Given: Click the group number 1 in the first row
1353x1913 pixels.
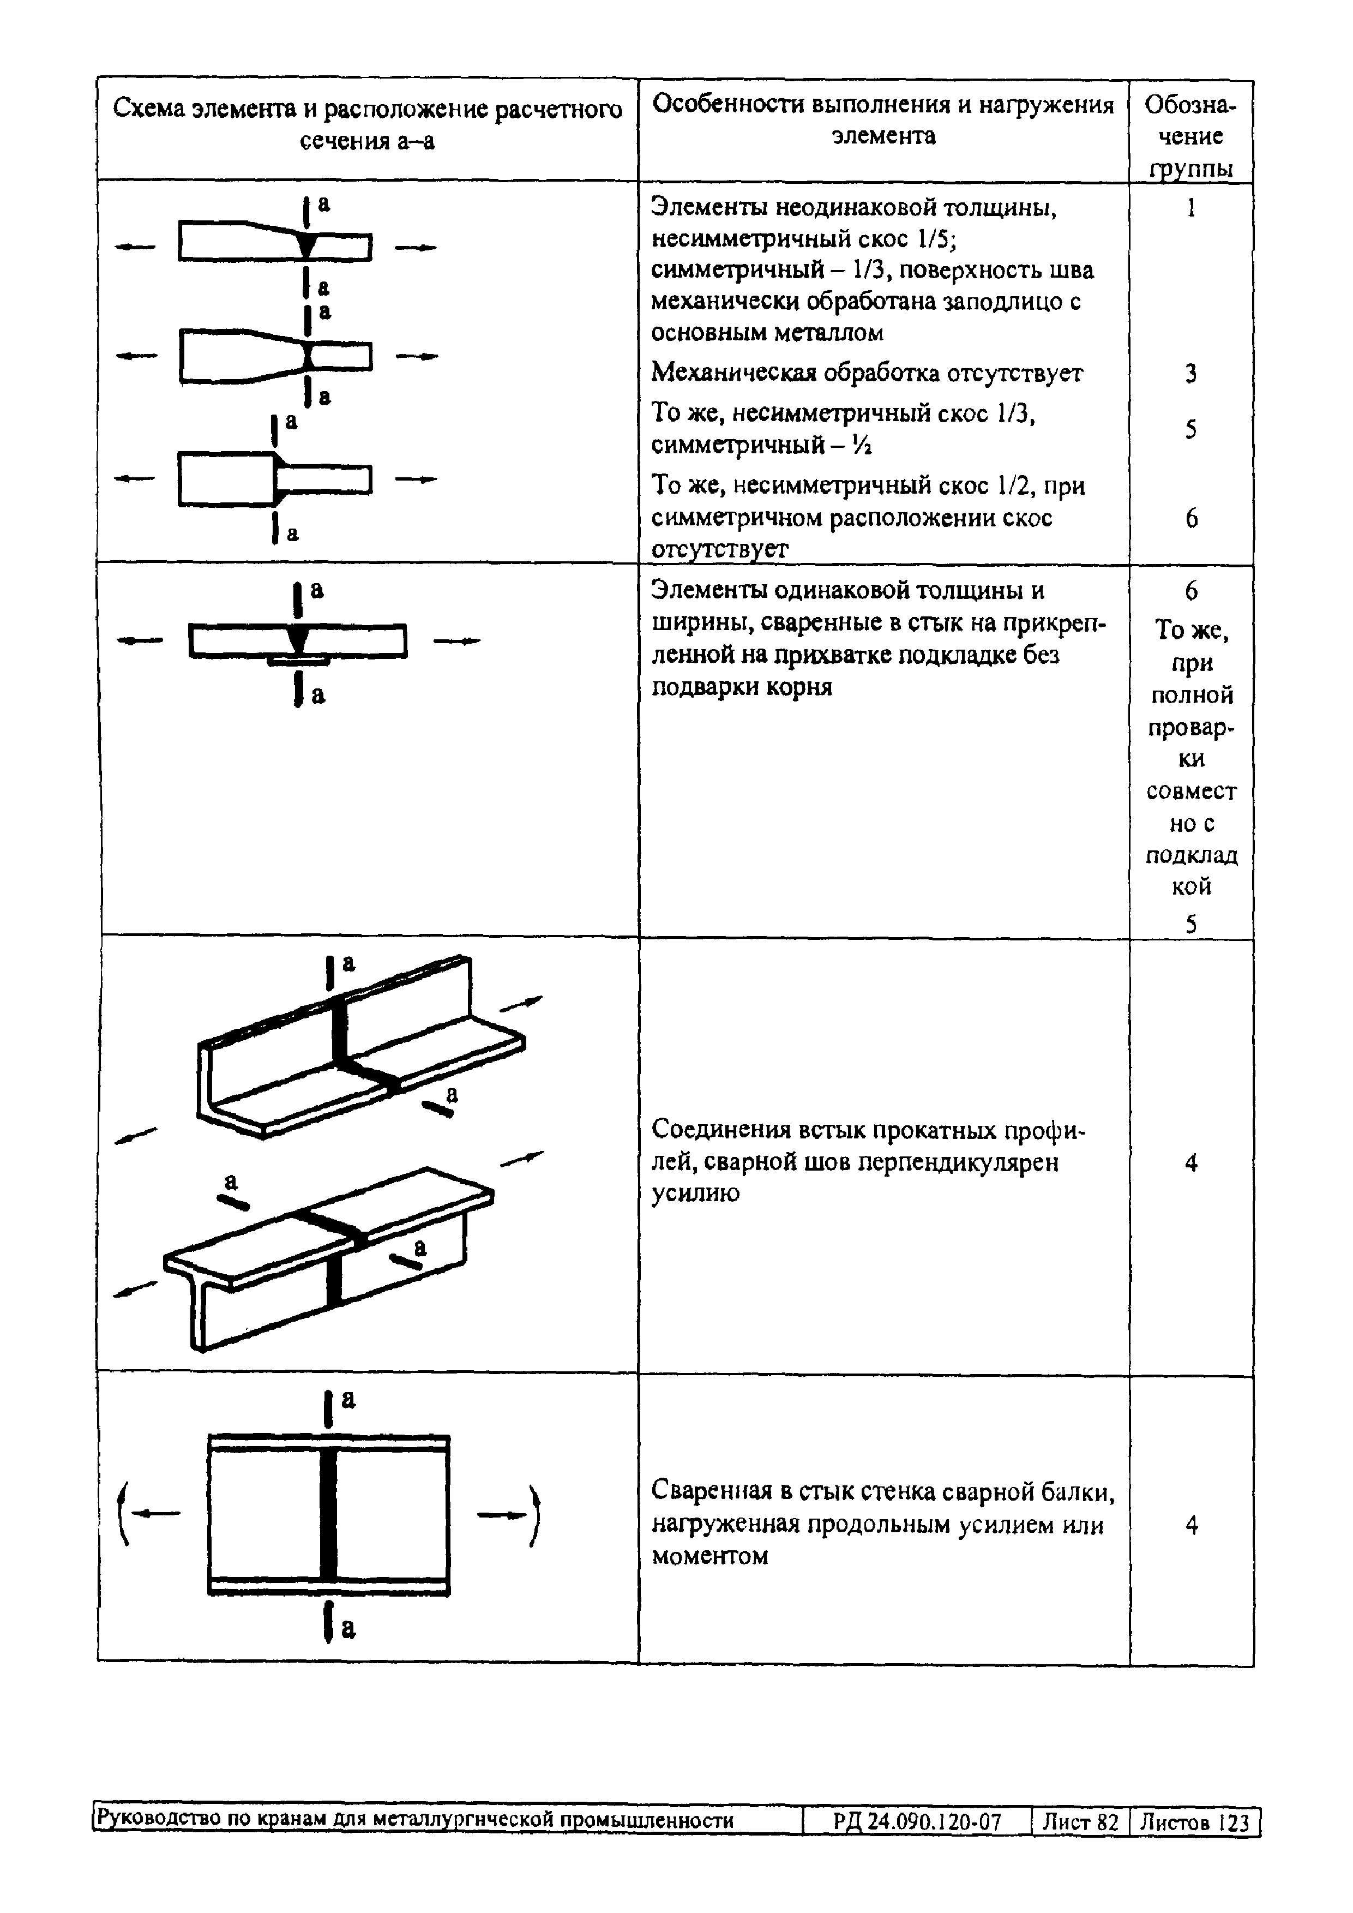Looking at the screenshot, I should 1192,207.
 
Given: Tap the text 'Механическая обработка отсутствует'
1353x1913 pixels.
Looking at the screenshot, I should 867,373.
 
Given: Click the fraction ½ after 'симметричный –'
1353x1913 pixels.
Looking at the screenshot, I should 863,446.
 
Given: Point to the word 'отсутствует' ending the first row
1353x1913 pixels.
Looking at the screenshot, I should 719,549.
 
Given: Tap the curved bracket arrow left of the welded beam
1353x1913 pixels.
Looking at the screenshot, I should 124,1514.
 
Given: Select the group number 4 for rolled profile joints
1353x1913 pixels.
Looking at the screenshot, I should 1192,1162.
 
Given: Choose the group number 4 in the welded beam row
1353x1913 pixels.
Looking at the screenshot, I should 1192,1525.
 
